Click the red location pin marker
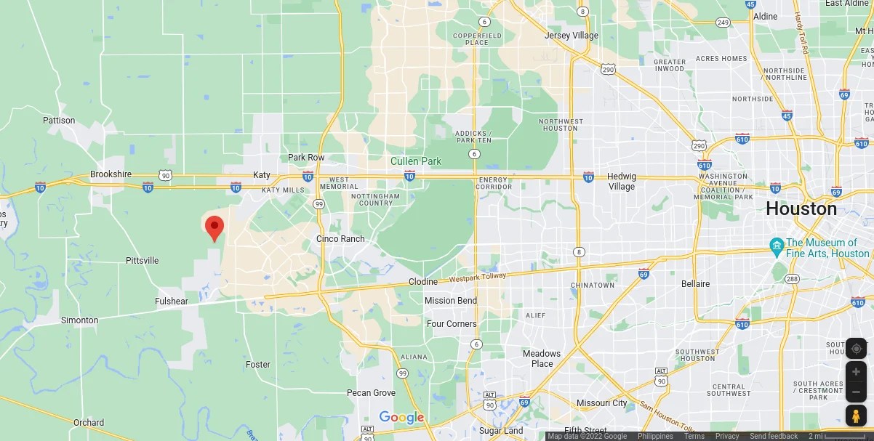coord(214,227)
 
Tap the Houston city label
coord(801,209)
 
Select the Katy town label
coord(261,175)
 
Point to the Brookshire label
coord(111,174)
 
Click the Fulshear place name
coord(171,302)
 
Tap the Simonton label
coord(79,320)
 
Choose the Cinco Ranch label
coord(340,239)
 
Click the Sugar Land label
coord(502,431)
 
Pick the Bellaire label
coord(695,283)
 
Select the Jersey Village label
coord(572,36)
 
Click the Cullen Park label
coord(416,161)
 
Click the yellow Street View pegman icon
coord(856,416)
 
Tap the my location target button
coord(856,349)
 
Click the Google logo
coord(401,417)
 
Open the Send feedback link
coord(774,436)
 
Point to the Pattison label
coord(59,121)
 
